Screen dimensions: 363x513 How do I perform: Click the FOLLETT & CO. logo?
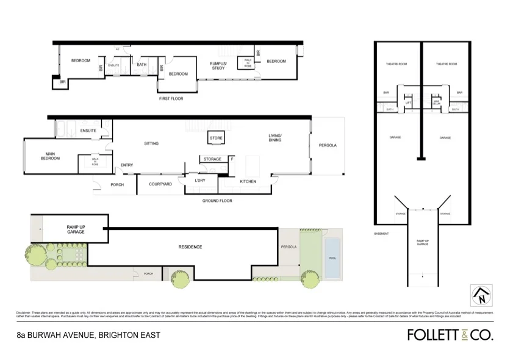pyautogui.click(x=450, y=334)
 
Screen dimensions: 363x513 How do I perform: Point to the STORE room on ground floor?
pyautogui.click(x=216, y=139)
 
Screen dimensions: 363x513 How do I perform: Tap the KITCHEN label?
pyautogui.click(x=248, y=181)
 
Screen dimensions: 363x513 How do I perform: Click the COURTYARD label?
pyautogui.click(x=160, y=184)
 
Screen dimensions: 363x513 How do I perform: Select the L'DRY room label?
pyautogui.click(x=200, y=181)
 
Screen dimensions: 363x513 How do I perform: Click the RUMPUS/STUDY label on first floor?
pyautogui.click(x=218, y=65)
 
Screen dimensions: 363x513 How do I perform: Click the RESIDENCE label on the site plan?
pyautogui.click(x=190, y=247)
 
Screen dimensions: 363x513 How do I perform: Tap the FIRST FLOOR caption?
pyautogui.click(x=170, y=98)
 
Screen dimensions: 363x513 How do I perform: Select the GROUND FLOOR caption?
pyautogui.click(x=217, y=200)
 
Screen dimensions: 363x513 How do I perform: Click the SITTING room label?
pyautogui.click(x=151, y=143)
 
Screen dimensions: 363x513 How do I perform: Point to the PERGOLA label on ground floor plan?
pyautogui.click(x=328, y=145)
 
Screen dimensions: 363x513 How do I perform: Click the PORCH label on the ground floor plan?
pyautogui.click(x=117, y=184)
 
